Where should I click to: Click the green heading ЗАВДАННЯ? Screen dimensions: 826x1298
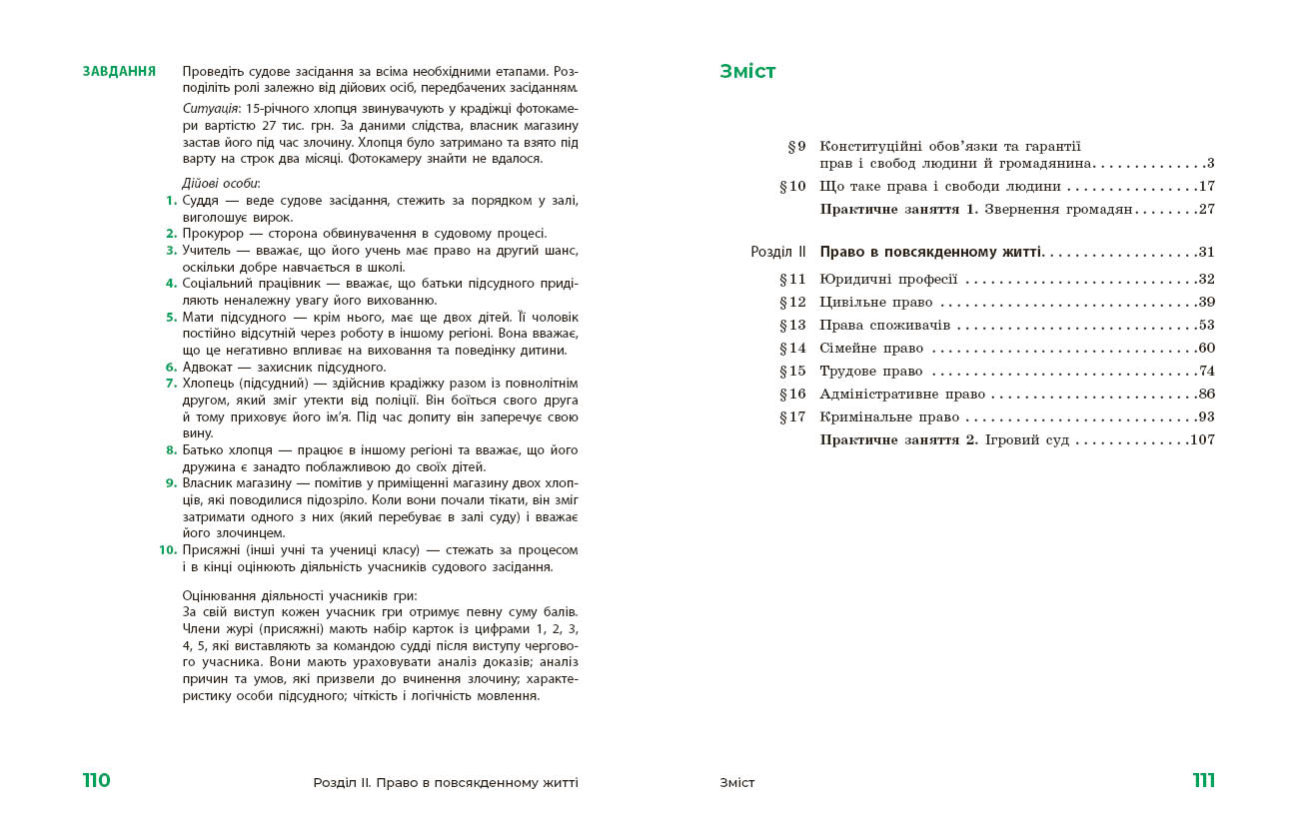(x=119, y=72)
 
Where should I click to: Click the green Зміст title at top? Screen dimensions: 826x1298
(x=747, y=72)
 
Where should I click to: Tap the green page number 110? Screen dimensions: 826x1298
(x=97, y=781)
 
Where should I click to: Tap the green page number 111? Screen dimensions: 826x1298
(x=1203, y=781)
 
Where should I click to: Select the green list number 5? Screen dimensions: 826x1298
(x=172, y=317)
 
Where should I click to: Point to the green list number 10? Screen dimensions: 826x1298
(x=168, y=550)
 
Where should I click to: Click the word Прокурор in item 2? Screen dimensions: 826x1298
(x=208, y=234)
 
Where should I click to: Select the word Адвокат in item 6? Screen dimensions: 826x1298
(x=207, y=367)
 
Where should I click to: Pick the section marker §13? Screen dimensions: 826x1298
(x=792, y=326)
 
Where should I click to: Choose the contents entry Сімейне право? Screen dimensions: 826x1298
(x=871, y=349)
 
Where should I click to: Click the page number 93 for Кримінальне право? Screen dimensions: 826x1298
(x=1205, y=417)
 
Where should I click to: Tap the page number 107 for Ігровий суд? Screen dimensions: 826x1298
(x=1202, y=440)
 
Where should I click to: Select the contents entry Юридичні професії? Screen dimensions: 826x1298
(x=888, y=280)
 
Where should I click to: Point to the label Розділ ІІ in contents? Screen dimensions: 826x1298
(x=777, y=252)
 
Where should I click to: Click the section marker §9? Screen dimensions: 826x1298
(x=796, y=146)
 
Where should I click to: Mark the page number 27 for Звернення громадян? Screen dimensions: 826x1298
(x=1206, y=210)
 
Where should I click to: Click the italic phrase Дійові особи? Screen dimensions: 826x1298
(x=221, y=184)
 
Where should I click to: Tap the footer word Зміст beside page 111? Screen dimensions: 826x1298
(x=737, y=783)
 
